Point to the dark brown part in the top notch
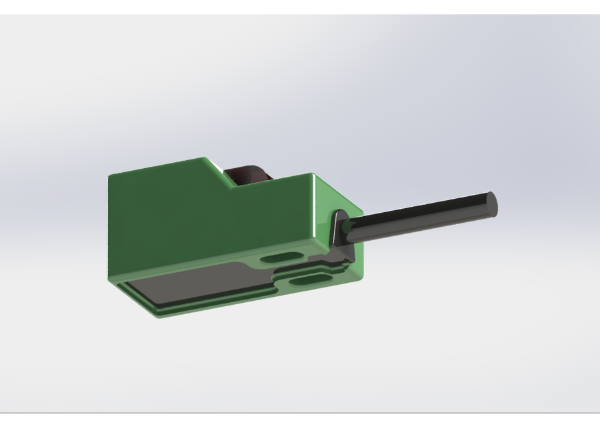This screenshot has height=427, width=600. [x=247, y=175]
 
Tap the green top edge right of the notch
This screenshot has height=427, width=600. [x=280, y=182]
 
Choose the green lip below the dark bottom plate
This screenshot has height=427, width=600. [x=200, y=308]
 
